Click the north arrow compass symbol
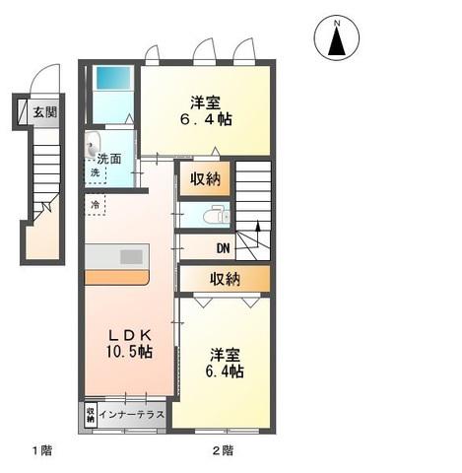coord(337,38)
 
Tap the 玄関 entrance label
coord(45,112)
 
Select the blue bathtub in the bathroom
coord(113,77)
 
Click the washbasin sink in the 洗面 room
coord(92,144)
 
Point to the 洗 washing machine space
coord(96,171)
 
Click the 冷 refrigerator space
coord(96,205)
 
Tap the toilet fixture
coord(216,216)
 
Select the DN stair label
coord(224,248)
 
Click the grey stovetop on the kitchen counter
coord(131,257)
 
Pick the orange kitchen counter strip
coord(117,278)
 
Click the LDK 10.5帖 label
coord(129,344)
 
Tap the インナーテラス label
coord(132,414)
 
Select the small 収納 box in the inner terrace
coord(91,415)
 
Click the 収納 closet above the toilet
coord(206,179)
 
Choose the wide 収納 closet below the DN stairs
coord(226,279)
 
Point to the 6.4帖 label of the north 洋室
coord(206,119)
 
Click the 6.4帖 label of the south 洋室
coord(225,372)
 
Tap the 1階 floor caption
coord(42,450)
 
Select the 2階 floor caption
coord(223,450)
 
